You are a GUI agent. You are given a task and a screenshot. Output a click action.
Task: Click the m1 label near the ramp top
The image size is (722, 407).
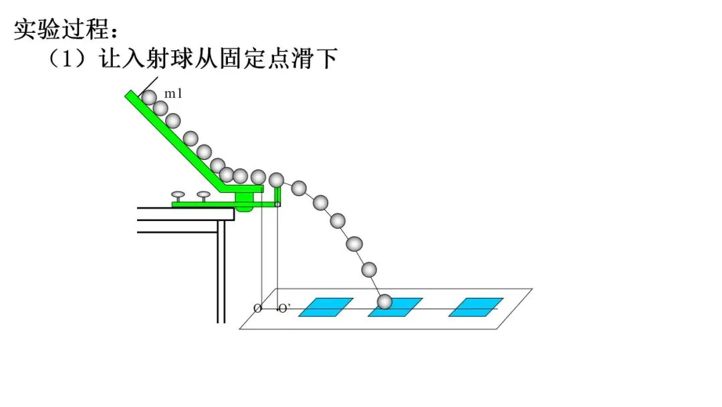pyautogui.click(x=173, y=94)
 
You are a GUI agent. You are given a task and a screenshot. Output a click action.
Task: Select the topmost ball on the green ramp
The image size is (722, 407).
pyautogui.click(x=149, y=98)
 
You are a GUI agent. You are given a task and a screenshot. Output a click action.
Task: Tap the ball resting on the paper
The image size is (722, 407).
pyautogui.click(x=384, y=302)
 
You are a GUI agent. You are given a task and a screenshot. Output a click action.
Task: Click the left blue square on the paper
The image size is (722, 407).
pyautogui.click(x=326, y=307)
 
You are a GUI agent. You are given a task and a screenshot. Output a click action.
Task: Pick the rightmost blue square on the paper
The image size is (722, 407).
pyautogui.click(x=475, y=307)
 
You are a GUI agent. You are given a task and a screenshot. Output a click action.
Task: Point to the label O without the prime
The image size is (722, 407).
pyautogui.click(x=257, y=309)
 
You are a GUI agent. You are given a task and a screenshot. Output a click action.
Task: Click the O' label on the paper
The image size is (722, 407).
pyautogui.click(x=284, y=309)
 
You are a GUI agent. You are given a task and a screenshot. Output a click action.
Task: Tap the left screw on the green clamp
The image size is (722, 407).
pyautogui.click(x=178, y=196)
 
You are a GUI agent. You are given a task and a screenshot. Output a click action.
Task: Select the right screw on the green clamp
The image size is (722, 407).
pyautogui.click(x=203, y=196)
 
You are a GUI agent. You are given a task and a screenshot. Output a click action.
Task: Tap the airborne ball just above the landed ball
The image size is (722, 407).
pyautogui.click(x=369, y=269)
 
